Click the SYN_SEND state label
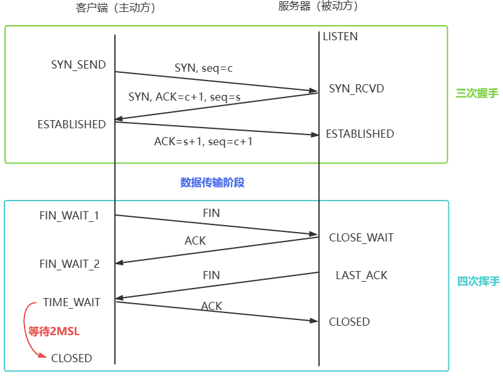click(x=78, y=65)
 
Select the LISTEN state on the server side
click(x=340, y=36)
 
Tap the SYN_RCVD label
click(x=357, y=89)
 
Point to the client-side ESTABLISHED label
click(x=72, y=124)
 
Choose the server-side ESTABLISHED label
click(x=360, y=134)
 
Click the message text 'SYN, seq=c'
click(x=203, y=68)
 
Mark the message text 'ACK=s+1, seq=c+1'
click(x=203, y=141)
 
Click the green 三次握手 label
click(x=477, y=93)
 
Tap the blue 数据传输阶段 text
click(x=212, y=182)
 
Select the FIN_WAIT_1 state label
click(x=69, y=216)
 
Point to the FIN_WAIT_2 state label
click(x=69, y=264)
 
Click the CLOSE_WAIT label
click(x=361, y=238)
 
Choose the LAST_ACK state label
click(x=362, y=275)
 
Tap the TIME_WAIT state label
click(x=72, y=302)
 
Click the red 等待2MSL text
click(x=54, y=331)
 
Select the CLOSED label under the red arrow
click(x=72, y=358)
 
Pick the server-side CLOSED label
click(x=349, y=322)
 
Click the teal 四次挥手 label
click(x=477, y=281)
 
